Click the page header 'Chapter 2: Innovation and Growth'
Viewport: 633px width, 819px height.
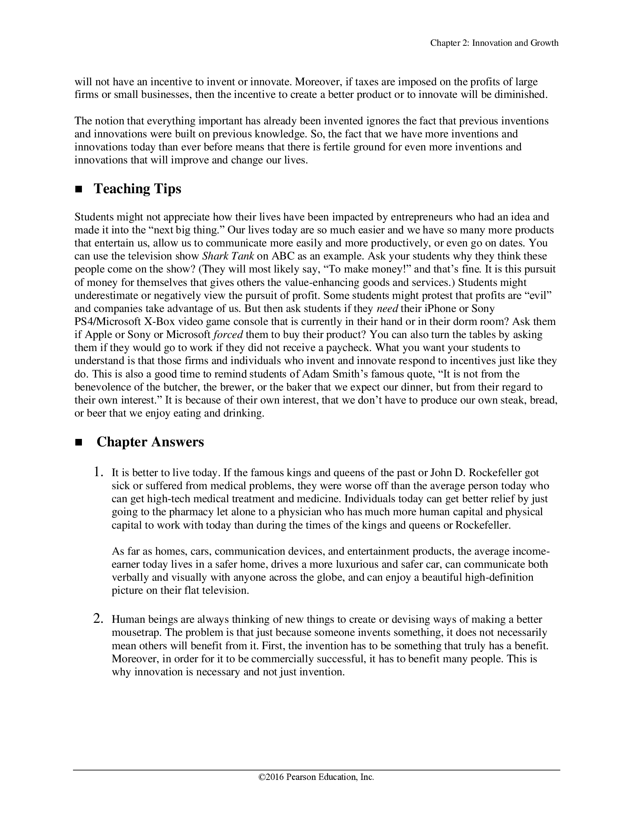coord(494,43)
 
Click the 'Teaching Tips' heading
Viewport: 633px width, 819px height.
coord(137,189)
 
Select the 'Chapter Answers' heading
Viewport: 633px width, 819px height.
coord(150,442)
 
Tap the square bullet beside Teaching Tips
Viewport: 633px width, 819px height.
coord(79,190)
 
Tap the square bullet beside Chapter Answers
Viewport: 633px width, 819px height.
coord(79,443)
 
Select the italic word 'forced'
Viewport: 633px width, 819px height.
coord(228,335)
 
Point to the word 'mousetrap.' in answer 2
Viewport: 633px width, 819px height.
coord(137,632)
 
